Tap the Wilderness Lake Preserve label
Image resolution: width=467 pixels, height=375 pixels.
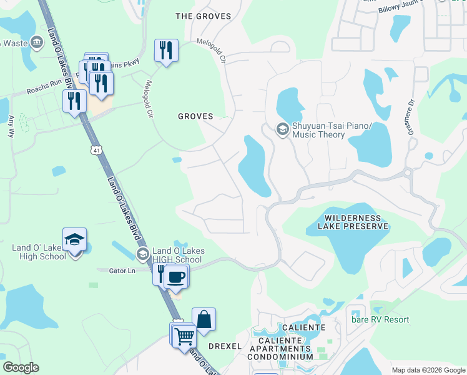(x=356, y=222)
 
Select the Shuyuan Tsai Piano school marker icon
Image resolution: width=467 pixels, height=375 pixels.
(x=282, y=129)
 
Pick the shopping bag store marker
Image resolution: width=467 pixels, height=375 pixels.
(x=204, y=320)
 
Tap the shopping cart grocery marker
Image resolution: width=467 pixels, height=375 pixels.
(x=185, y=337)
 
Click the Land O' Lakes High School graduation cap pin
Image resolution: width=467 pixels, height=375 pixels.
(x=75, y=241)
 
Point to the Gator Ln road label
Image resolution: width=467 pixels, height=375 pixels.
(x=122, y=271)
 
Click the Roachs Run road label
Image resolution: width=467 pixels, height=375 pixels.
(x=45, y=89)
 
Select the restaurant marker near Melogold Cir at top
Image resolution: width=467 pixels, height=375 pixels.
(x=167, y=51)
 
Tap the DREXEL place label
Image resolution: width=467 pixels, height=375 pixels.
(x=225, y=346)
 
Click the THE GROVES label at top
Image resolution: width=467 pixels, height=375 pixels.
(x=204, y=16)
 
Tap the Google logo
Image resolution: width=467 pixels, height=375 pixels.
(x=21, y=367)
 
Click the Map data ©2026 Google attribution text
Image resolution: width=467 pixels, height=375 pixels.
(x=428, y=370)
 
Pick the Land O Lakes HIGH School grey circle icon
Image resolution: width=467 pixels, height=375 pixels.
(x=143, y=254)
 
